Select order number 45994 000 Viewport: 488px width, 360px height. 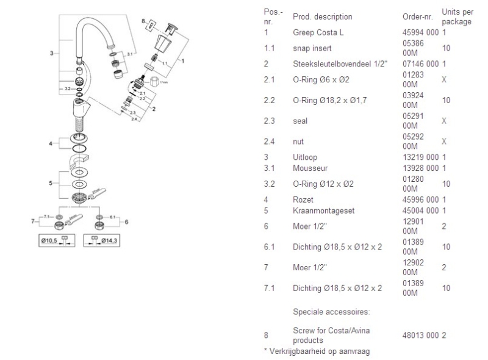pos(420,31)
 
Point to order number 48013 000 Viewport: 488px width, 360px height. pos(420,335)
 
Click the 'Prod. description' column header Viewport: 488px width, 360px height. pos(323,16)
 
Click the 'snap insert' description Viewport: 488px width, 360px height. pos(313,47)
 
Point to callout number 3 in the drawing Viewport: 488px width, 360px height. pos(51,53)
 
